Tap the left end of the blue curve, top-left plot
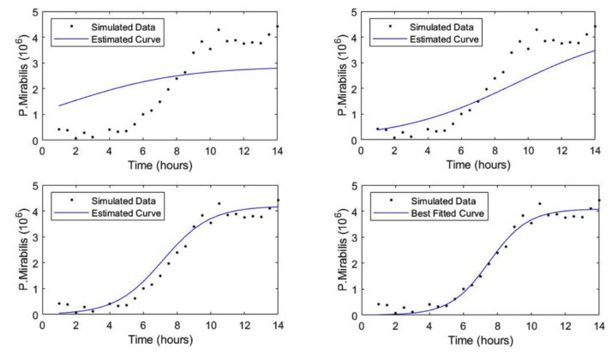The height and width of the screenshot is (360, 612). pyautogui.click(x=59, y=105)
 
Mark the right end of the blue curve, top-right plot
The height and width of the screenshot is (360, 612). pyautogui.click(x=594, y=51)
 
